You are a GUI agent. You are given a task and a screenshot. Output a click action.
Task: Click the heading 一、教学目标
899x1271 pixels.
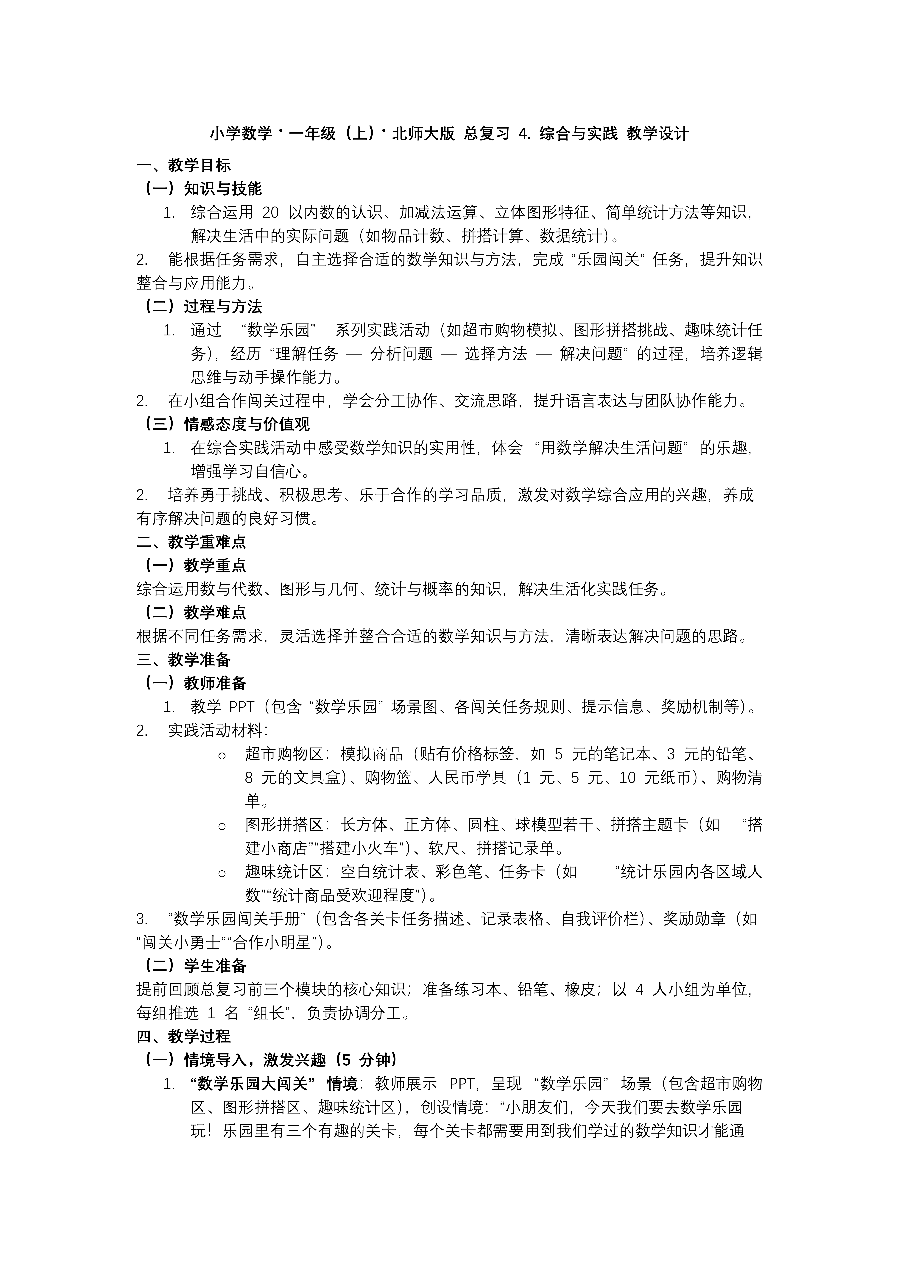[183, 165]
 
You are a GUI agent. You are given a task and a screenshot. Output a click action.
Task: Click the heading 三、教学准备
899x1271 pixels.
[183, 659]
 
